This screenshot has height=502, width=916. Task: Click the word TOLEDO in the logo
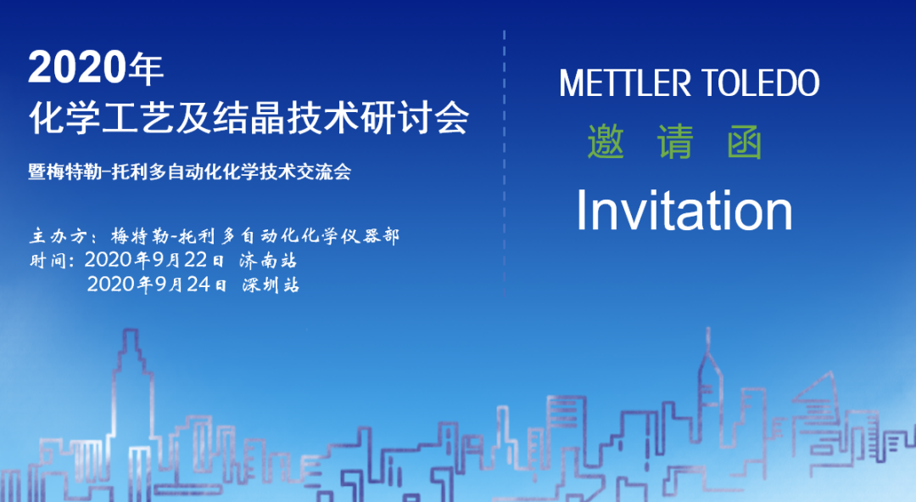pos(760,83)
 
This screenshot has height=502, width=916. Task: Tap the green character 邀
pos(606,142)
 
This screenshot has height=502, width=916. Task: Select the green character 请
pos(675,142)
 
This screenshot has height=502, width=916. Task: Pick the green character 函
pos(745,142)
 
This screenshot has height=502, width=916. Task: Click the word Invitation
pos(684,210)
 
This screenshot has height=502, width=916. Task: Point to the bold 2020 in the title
pos(77,67)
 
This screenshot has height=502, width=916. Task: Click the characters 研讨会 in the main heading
pos(414,117)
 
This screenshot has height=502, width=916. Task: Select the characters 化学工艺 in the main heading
pos(101,117)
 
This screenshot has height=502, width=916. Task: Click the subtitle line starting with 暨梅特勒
pos(189,172)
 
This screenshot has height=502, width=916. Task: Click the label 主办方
pos(59,236)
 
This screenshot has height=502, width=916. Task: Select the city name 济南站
pos(268,261)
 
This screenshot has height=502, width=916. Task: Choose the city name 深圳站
pos(271,285)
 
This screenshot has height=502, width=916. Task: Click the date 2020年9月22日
pos(154,260)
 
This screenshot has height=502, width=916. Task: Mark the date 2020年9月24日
pos(157,285)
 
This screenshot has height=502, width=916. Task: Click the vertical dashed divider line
pos(504,165)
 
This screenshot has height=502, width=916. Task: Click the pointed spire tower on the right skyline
pos(708,381)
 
